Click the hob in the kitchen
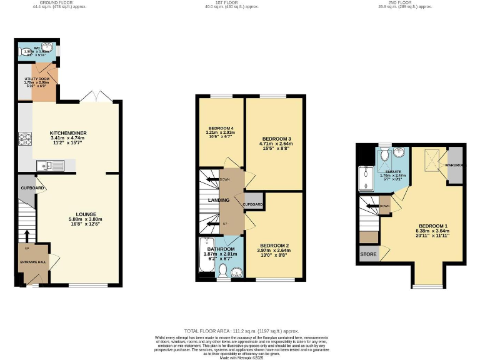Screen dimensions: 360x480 26,139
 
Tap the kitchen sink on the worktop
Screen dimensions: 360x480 49,165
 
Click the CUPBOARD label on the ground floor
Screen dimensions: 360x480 31,187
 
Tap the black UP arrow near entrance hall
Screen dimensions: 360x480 27,235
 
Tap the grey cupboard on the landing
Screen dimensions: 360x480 252,204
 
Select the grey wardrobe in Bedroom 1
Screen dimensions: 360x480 454,164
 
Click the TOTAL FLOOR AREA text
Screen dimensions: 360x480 241,331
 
